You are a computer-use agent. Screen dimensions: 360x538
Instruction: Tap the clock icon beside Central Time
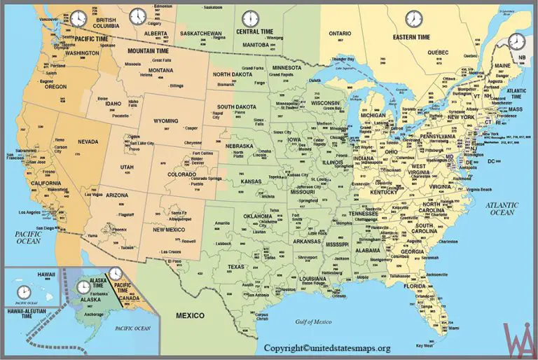[x=249, y=18]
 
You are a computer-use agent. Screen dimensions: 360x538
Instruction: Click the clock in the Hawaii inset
[x=24, y=291]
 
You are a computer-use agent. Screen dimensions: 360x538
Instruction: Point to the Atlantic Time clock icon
[x=516, y=41]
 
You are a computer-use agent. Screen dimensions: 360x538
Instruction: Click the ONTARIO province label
[x=340, y=33]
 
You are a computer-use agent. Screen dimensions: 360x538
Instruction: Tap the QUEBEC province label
[x=437, y=52]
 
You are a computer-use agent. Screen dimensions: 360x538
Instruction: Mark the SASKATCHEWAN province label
[x=200, y=33]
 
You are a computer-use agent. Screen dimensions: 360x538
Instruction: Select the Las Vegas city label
[x=92, y=194]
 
